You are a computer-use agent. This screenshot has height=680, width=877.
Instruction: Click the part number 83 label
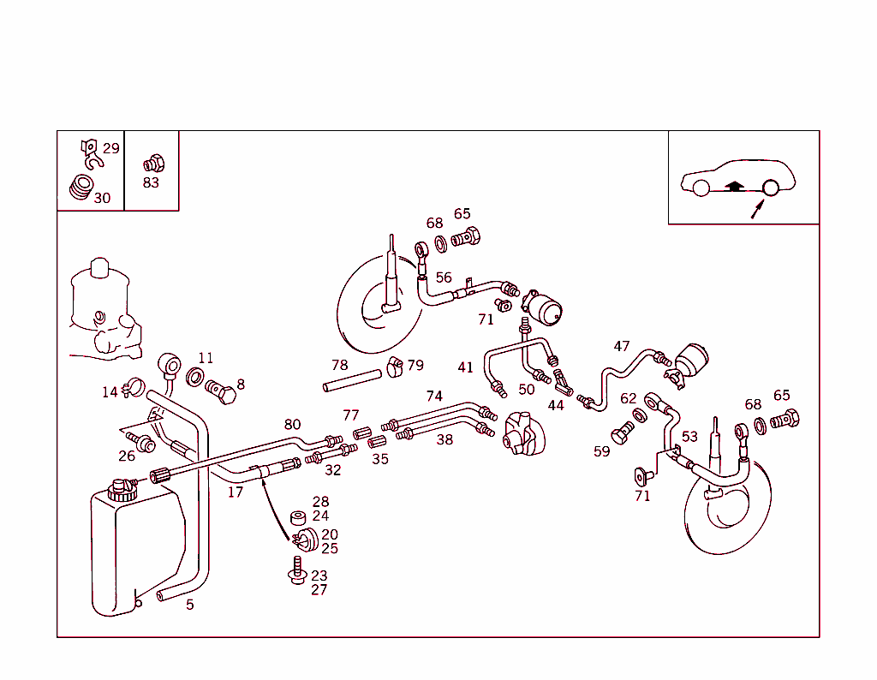(151, 182)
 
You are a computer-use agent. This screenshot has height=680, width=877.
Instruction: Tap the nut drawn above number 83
(152, 163)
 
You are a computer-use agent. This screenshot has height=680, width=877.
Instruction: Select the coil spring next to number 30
(81, 188)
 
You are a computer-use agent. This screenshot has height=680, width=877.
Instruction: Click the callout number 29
(111, 148)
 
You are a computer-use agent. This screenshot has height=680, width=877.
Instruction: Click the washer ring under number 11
(195, 378)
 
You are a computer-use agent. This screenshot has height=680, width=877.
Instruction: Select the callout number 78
(340, 366)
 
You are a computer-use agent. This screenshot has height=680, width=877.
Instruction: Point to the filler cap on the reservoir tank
(123, 490)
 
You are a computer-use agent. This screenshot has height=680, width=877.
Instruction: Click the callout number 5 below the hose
(190, 605)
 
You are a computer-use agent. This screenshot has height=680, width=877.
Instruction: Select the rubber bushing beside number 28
(299, 518)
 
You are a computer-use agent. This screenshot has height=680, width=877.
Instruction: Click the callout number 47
(622, 346)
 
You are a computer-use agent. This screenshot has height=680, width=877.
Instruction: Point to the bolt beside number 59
(623, 434)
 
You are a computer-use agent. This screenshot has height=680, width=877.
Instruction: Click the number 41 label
(465, 367)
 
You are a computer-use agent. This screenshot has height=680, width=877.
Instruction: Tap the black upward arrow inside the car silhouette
(733, 183)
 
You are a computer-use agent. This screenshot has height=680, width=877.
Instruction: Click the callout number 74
(434, 396)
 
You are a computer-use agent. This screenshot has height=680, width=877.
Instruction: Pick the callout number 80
(293, 424)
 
